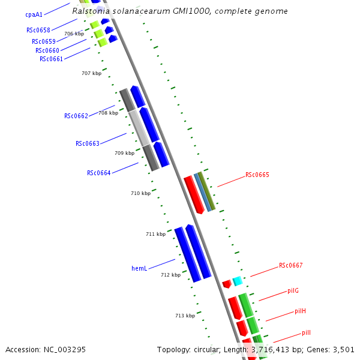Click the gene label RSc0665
click(257, 175)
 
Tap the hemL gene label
click(139, 268)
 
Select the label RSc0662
click(76, 116)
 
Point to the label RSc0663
click(88, 143)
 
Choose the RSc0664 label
click(99, 173)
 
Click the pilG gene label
click(293, 290)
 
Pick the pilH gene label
click(301, 311)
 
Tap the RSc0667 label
click(290, 265)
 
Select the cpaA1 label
click(34, 14)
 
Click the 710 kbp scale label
click(141, 193)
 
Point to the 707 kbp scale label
click(92, 73)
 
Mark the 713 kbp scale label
click(185, 316)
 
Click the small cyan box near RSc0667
click(238, 281)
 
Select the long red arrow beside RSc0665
click(194, 195)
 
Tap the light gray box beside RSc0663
click(139, 128)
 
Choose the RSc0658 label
click(38, 30)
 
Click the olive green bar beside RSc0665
click(207, 191)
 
